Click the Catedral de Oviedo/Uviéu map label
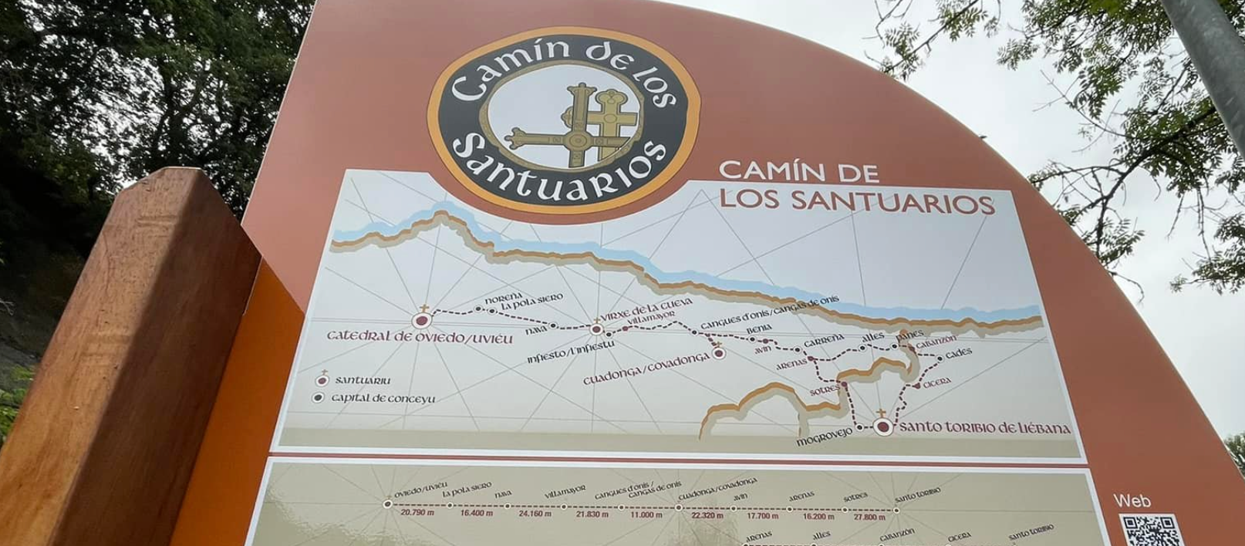coord(419,337)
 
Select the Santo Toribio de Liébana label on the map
coord(985,428)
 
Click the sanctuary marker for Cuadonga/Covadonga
coord(719,353)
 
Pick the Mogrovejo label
coord(824,437)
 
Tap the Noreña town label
coord(504,298)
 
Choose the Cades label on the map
coord(959,353)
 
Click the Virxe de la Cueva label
coord(646,309)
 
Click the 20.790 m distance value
coord(417,512)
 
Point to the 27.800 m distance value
coord(869,517)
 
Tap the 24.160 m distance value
coord(535,514)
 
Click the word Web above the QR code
coord(1132,501)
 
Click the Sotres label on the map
coord(824,391)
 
